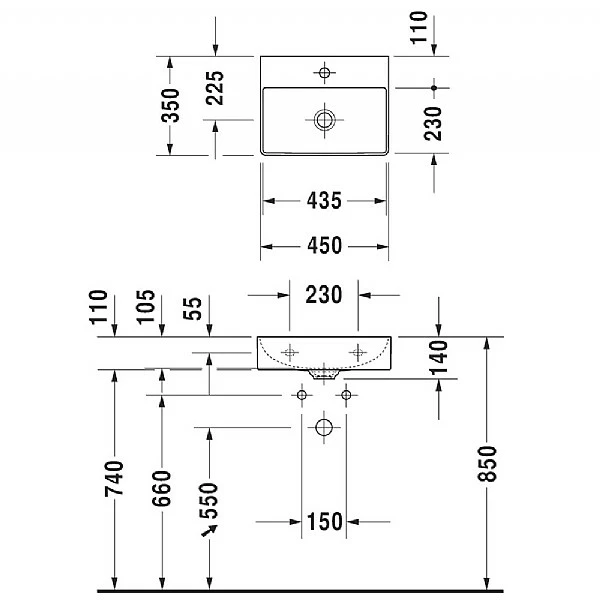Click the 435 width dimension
click(x=324, y=201)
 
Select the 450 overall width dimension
click(x=324, y=245)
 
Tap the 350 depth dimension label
click(x=170, y=105)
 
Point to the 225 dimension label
click(x=215, y=88)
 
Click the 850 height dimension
click(x=487, y=463)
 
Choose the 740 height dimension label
click(x=114, y=479)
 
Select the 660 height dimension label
click(x=161, y=489)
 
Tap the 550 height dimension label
click(x=209, y=501)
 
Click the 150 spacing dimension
click(x=324, y=521)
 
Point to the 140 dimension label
click(x=439, y=358)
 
